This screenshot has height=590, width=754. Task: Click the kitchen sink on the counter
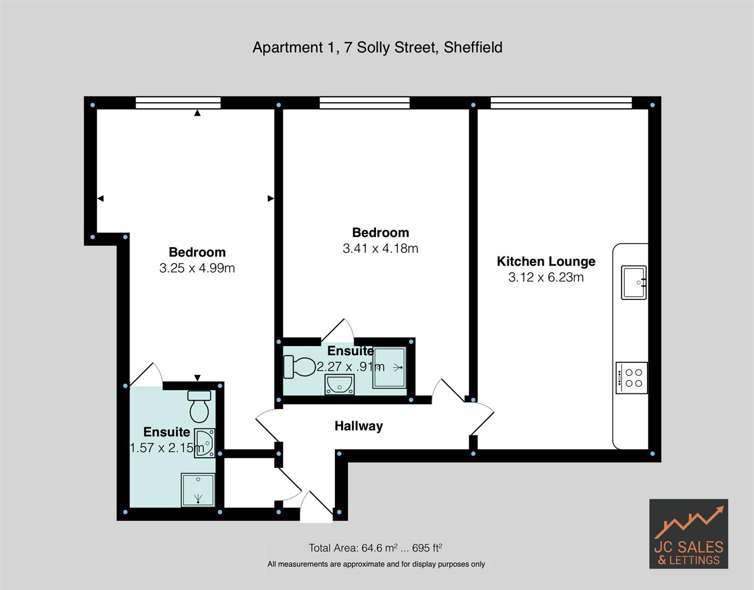633,282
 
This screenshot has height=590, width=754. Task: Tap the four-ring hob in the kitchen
632,377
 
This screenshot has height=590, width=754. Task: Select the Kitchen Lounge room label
545,261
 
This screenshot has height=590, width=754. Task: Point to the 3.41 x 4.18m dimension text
380,249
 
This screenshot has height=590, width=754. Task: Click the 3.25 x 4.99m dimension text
197,268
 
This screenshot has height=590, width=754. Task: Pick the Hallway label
358,426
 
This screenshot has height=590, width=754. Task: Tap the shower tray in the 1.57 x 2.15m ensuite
198,489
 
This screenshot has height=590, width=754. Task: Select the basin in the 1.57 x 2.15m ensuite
205,442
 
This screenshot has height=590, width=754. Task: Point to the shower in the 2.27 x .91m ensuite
390,368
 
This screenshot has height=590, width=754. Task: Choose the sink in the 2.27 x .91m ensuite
339,385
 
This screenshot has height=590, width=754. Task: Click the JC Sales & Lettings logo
688,534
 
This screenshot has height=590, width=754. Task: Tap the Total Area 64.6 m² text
375,547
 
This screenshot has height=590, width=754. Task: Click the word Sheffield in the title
473,48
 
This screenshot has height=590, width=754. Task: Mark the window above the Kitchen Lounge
561,103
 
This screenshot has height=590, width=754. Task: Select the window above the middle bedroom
364,103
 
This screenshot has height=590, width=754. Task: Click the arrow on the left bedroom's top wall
197,113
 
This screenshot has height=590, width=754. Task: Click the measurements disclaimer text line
376,564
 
